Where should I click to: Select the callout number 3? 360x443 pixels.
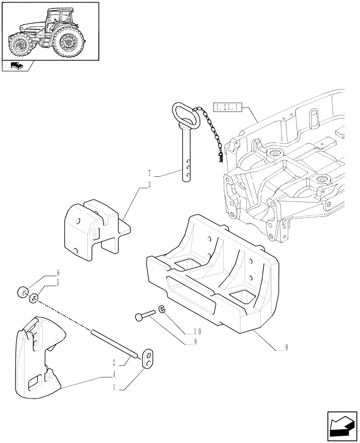pyautogui.click(x=149, y=185)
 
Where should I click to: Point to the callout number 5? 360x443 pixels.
pyautogui.click(x=58, y=282)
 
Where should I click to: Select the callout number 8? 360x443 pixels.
pyautogui.click(x=286, y=348)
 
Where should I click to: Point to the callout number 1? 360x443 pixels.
pyautogui.click(x=114, y=387)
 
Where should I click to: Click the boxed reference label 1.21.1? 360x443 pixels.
pyautogui.click(x=227, y=107)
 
